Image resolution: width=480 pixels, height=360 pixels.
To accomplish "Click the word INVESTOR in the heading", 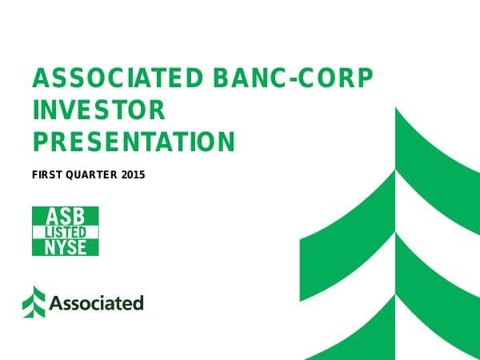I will [98, 110].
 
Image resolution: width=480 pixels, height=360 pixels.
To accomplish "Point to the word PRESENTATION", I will [134, 142].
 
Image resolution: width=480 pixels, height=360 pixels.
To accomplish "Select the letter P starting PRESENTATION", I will [39, 142].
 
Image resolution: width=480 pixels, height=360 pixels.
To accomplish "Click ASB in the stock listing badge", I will [65, 216].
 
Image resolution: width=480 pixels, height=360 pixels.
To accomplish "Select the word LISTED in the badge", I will [65, 231].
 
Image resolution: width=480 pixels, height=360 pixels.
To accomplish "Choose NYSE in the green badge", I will [65, 246].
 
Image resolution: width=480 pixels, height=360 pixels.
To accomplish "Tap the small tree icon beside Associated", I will [34, 302].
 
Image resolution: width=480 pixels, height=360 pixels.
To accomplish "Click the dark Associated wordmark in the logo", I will [96, 303].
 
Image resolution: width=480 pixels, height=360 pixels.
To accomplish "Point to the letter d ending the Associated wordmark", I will [138, 302].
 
